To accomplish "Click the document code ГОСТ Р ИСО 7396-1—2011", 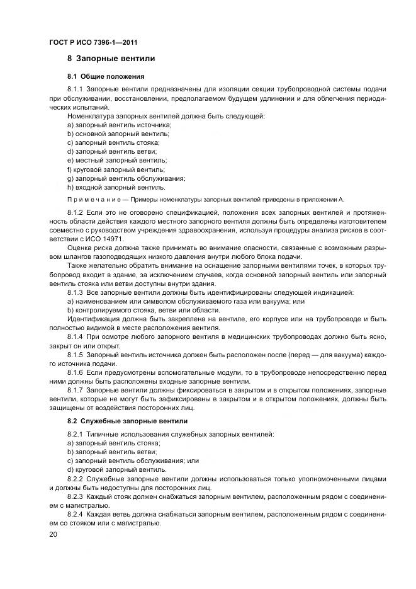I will pos(93,42).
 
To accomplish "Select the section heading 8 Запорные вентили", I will pos(111,59).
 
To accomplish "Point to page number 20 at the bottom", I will pos(53,534).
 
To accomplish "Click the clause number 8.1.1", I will pos(76,89).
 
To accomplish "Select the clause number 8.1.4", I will pos(76,338).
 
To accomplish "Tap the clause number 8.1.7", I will pos(76,391).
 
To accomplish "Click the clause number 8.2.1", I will pos(76,435).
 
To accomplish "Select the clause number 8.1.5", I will pos(76,355).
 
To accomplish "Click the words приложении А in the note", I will pos(323,198).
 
